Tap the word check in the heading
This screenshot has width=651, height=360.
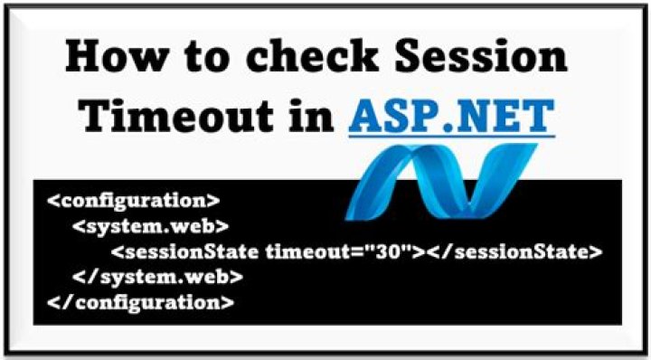(315, 59)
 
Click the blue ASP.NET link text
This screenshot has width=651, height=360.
(451, 113)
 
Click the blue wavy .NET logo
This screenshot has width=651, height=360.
(441, 181)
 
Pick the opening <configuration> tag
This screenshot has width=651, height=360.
(133, 201)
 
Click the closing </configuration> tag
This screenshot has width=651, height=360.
(141, 303)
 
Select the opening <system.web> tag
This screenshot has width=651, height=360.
(150, 226)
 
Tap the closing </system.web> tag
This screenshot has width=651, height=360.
(157, 278)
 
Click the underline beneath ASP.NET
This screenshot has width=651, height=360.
(452, 136)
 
